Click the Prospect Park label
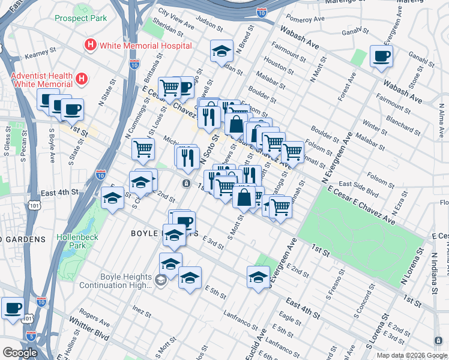[x=80, y=18]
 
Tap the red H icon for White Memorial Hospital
[x=91, y=44]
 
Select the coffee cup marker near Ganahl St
[x=381, y=58]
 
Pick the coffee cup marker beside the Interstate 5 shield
[x=13, y=309]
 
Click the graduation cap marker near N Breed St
[x=221, y=52]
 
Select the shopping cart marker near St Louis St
[x=143, y=149]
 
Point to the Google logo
[x=20, y=353]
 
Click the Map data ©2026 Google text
[x=411, y=355]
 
